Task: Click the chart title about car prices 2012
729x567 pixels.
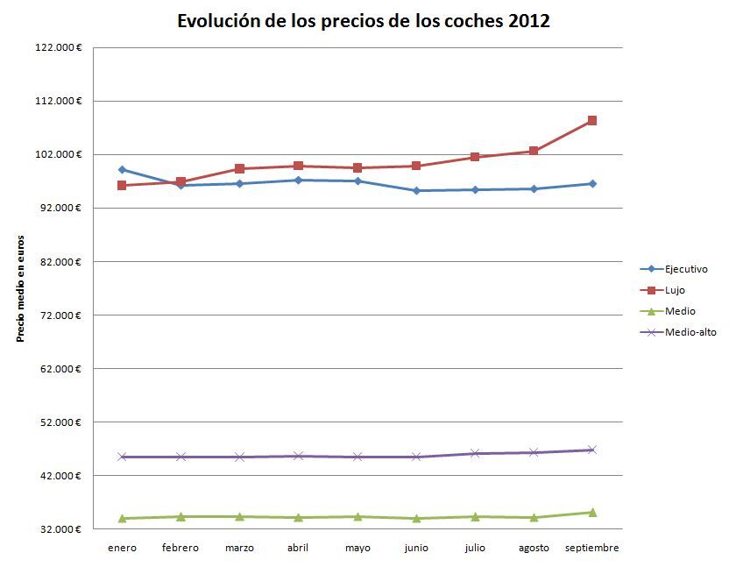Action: [x=364, y=21]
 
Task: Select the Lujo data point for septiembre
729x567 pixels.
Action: [x=592, y=121]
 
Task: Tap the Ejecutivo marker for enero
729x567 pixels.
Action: [x=122, y=170]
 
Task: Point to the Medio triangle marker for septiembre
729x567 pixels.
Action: [x=592, y=512]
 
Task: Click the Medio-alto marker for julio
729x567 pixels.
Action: [x=475, y=453]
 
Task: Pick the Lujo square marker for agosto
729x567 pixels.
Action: [x=534, y=151]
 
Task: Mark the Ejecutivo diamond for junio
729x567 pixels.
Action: [x=416, y=190]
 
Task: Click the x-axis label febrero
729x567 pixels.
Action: [x=180, y=549]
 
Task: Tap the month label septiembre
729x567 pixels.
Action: [x=592, y=549]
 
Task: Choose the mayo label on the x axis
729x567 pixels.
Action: [x=357, y=549]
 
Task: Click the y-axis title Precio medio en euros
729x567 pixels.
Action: [x=21, y=288]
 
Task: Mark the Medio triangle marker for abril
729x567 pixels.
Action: [x=299, y=517]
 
